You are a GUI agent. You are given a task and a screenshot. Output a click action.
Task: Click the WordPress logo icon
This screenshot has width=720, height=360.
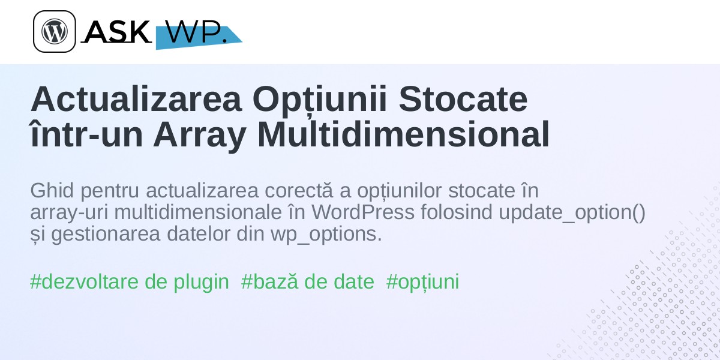coord(55,31)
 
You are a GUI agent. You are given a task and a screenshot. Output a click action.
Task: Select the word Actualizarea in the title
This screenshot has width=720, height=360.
coord(136,99)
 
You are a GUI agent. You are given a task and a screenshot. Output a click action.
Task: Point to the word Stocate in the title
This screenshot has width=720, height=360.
coord(463,99)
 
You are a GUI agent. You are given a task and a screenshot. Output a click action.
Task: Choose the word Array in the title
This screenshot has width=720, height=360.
coord(200,136)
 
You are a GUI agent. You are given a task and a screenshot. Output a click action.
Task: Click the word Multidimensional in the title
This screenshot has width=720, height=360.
coord(403,134)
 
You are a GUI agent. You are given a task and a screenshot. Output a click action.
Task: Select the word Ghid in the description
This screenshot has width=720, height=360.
coord(52,190)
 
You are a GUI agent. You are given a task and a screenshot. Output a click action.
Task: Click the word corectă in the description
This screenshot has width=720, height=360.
coord(299,190)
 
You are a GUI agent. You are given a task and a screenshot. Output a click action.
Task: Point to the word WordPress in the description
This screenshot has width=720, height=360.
coord(363,212)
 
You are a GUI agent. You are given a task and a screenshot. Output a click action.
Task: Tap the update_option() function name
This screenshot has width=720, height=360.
coord(572,213)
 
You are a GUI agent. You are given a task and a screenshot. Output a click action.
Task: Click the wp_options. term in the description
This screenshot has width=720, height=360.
coord(326,235)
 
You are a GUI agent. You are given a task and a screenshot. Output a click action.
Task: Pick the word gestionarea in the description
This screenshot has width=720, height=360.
coord(106,235)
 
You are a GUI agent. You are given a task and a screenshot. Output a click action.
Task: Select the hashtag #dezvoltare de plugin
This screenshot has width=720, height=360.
coord(130,282)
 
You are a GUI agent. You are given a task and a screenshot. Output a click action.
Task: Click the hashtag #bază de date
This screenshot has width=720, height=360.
coord(308,281)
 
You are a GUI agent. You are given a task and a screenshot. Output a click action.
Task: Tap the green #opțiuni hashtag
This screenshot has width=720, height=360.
coord(422,282)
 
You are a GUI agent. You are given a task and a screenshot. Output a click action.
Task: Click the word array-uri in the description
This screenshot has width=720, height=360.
coord(69,213)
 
